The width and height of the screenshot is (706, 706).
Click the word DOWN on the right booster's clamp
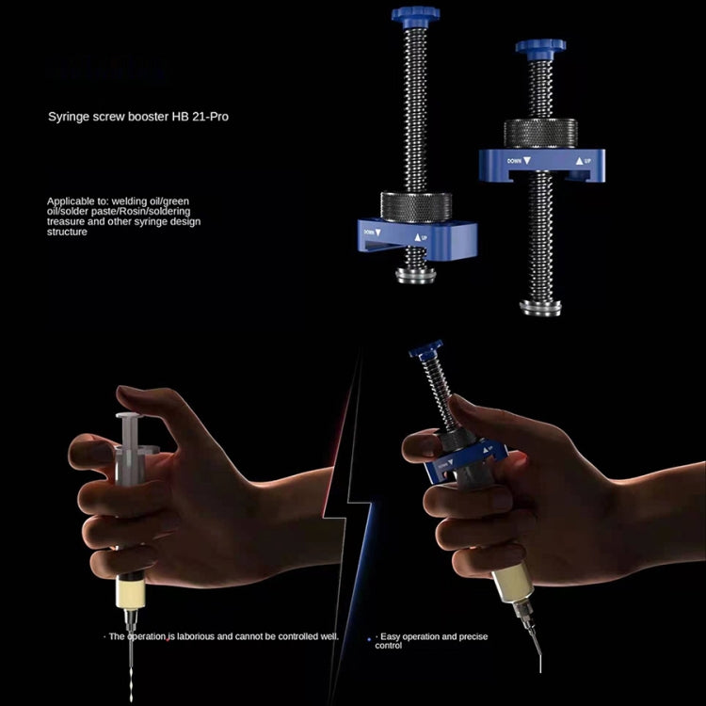pyautogui.click(x=514, y=161)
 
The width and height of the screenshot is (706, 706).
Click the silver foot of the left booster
pyautogui.click(x=415, y=274)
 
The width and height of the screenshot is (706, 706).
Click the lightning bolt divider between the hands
pyautogui.click(x=355, y=489)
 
